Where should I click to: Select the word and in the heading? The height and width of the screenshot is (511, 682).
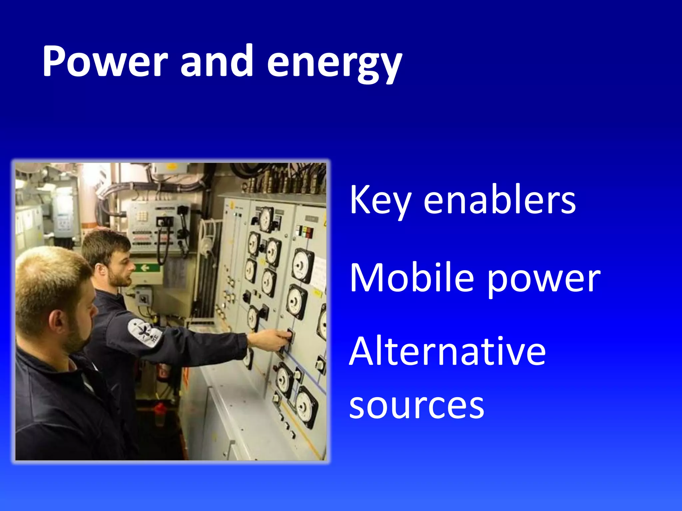click(216, 62)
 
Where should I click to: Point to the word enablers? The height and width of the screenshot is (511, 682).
click(499, 200)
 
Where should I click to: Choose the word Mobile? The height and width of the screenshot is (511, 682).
click(412, 278)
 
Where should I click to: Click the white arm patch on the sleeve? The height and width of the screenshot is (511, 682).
click(144, 333)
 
